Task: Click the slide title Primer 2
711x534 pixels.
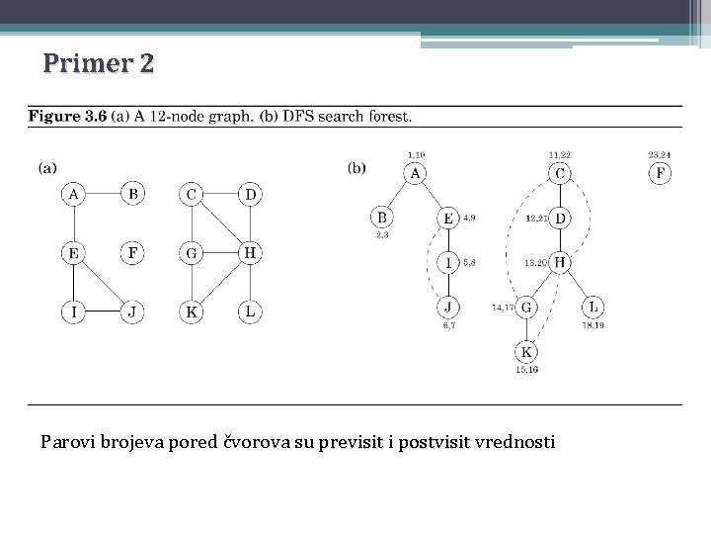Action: (99, 64)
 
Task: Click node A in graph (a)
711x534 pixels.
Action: (73, 194)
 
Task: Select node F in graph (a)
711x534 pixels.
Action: (132, 253)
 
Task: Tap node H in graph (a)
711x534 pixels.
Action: (251, 253)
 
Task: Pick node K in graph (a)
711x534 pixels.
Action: (192, 312)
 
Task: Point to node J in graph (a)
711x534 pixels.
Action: (132, 312)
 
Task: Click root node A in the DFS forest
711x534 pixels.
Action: (416, 174)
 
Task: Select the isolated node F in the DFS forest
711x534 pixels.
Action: (660, 174)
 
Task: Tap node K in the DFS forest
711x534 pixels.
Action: (527, 352)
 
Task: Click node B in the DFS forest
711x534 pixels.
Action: (382, 218)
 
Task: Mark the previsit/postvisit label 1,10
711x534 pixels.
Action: (416, 154)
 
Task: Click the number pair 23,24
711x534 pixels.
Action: (660, 154)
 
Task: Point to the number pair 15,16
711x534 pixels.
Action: (527, 370)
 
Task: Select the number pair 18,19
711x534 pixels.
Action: (592, 324)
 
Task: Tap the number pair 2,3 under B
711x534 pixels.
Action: (382, 235)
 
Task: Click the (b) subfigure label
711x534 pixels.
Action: (356, 168)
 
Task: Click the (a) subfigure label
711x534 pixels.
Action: (47, 168)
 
